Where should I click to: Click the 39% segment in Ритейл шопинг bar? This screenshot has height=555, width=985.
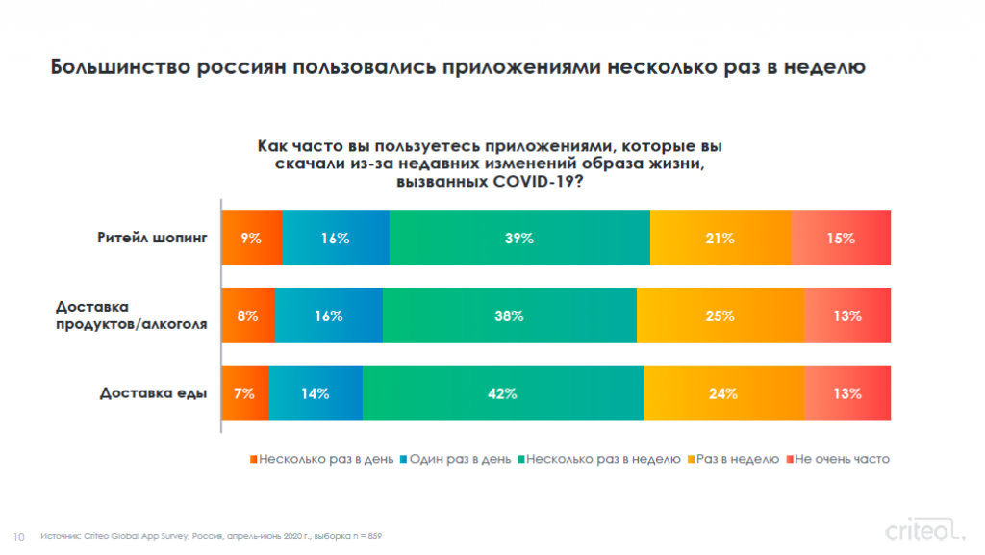click(519, 238)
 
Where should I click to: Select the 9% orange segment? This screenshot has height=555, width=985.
click(252, 238)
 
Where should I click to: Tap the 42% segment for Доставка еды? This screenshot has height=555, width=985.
click(503, 393)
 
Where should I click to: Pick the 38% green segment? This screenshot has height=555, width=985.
click(510, 315)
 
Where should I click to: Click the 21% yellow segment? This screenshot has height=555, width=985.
click(720, 238)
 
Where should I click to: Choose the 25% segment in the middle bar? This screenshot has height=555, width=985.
click(720, 315)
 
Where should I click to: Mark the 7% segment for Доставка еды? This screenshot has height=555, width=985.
click(245, 393)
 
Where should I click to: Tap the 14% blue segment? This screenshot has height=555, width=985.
click(316, 393)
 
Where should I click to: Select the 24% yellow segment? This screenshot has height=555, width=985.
click(723, 393)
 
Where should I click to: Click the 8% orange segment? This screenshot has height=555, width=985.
click(248, 315)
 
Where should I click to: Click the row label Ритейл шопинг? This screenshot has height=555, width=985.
click(152, 238)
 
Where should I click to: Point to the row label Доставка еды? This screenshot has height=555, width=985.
click(153, 393)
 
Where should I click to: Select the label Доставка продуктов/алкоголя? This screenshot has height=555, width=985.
click(132, 315)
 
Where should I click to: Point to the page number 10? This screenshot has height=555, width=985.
click(18, 535)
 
